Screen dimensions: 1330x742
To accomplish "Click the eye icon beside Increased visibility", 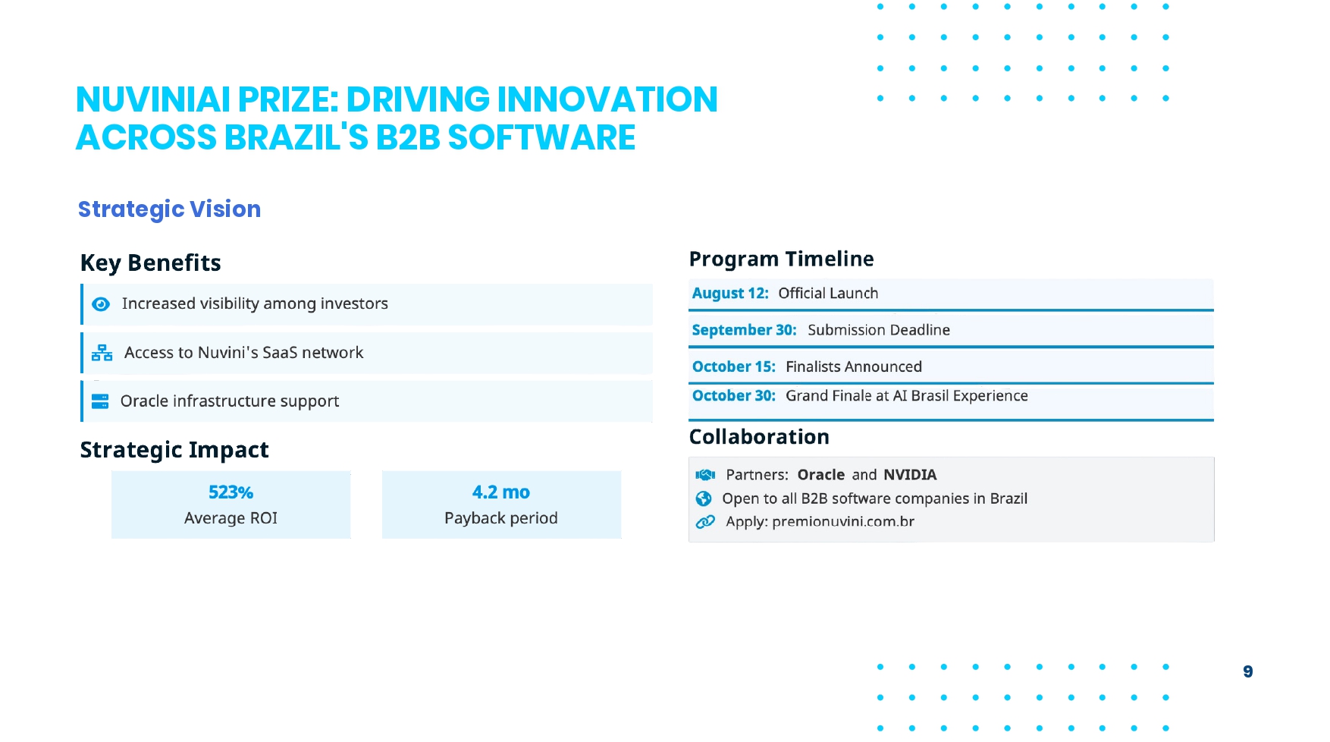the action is coord(101,304).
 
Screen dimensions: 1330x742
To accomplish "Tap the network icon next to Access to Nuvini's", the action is coord(102,353).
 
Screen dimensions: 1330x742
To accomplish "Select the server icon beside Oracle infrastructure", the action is coord(100,401).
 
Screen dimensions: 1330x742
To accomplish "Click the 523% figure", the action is coord(231,492).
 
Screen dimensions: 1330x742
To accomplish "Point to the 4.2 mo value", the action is coord(501,492).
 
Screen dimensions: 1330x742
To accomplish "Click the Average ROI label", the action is coord(231,518).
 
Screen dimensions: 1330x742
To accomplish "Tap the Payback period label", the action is coord(501,518).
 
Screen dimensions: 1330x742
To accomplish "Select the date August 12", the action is coord(730,294).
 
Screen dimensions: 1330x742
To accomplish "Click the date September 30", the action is coord(744,330).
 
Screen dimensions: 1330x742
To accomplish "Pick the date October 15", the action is coord(734,366).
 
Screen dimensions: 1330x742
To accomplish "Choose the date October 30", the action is coord(734,395).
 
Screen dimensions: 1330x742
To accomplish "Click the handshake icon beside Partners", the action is coord(705,475).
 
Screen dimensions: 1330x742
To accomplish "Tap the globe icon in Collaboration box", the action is coord(704,498).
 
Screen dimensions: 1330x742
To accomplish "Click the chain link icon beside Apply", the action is coord(705,522).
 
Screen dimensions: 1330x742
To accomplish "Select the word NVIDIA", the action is coord(910,475).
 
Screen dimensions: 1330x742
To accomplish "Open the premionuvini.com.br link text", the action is coord(843,521).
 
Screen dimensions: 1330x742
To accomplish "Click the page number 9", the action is coord(1248,671).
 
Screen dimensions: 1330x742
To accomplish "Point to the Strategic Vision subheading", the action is coord(169,209).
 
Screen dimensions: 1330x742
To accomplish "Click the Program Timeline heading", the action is coord(781,259).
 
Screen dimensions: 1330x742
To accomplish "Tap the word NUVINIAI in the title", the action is coord(153,99).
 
